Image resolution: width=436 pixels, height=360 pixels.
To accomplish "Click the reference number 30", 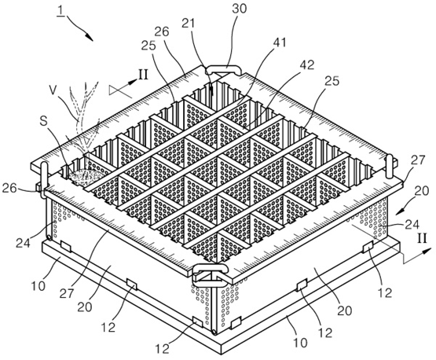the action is point(240,9).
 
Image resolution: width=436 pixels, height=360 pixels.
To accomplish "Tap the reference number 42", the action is point(306,64).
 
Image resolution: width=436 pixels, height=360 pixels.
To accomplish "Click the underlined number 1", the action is point(60,12).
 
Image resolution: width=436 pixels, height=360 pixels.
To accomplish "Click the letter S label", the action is point(43,122).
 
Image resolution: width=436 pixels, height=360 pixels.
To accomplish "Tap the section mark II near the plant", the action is point(143,75).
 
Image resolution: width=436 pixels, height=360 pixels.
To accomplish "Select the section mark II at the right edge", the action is point(422,238).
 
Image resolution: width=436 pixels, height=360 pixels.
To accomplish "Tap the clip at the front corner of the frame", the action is point(211,275).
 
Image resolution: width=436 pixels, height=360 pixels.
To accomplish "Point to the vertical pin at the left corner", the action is point(44,179).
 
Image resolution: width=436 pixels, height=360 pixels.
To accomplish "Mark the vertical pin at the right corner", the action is point(390,166).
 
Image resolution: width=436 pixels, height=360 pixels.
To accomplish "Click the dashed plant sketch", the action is point(83,117).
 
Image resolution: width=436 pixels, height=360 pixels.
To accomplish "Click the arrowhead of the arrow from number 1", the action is point(89,37).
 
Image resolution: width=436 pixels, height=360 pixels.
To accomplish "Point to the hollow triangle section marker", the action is point(120,90).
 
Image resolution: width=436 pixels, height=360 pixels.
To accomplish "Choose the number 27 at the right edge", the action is point(418,160).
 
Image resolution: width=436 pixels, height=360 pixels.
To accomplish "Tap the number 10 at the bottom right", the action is point(299,342).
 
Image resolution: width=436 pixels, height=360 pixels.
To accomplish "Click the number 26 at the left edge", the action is point(9,188).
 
